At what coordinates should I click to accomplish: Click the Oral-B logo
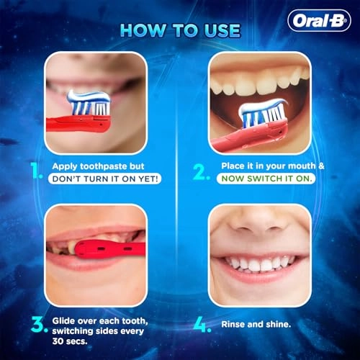tap(319, 21)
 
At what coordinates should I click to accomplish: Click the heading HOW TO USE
tap(180, 30)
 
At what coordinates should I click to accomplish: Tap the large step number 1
tap(37, 171)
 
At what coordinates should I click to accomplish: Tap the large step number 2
tap(202, 172)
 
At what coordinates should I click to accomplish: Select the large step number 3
tap(40, 325)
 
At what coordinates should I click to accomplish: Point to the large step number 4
tap(202, 325)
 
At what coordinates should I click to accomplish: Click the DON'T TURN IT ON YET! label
tap(105, 179)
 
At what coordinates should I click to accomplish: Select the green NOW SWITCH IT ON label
tap(266, 179)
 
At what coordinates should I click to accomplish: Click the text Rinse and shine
tap(256, 325)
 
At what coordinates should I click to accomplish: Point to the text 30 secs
tap(70, 341)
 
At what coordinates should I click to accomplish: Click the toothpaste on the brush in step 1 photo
tap(89, 96)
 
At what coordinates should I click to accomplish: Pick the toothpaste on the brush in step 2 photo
tap(262, 106)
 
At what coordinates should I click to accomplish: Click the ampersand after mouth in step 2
tap(321, 166)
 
